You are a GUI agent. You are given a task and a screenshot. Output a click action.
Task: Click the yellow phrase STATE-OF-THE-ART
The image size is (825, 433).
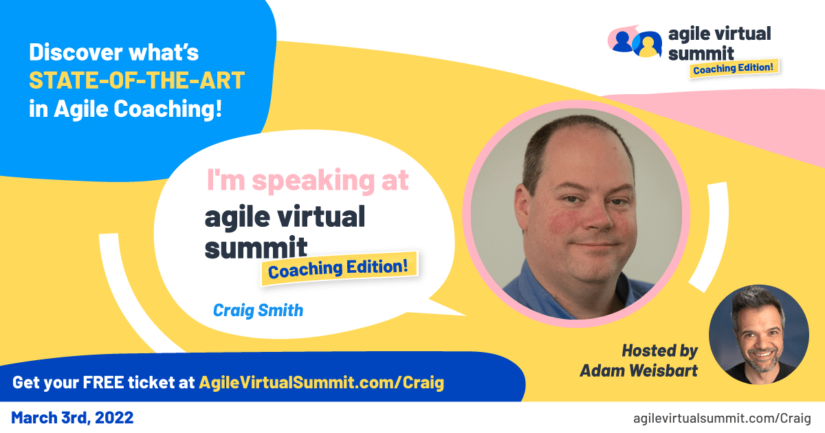tap(136, 80)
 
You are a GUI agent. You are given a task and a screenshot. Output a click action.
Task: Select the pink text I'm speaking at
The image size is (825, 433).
tap(307, 180)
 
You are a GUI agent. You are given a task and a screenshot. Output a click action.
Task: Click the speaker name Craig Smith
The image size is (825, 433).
tap(258, 310)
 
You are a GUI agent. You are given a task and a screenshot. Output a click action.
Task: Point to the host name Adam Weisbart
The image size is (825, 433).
tap(639, 370)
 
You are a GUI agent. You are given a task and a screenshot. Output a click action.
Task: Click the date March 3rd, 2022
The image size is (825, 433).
tap(72, 417)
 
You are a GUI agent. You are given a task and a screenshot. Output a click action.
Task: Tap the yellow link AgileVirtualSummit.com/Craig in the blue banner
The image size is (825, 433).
tap(321, 383)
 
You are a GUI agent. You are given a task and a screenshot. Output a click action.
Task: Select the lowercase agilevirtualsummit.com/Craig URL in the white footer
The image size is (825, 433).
tap(722, 418)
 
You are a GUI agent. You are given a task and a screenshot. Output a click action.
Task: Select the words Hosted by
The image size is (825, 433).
tap(659, 351)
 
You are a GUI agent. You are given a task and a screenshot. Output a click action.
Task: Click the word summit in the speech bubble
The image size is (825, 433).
tap(254, 247)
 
